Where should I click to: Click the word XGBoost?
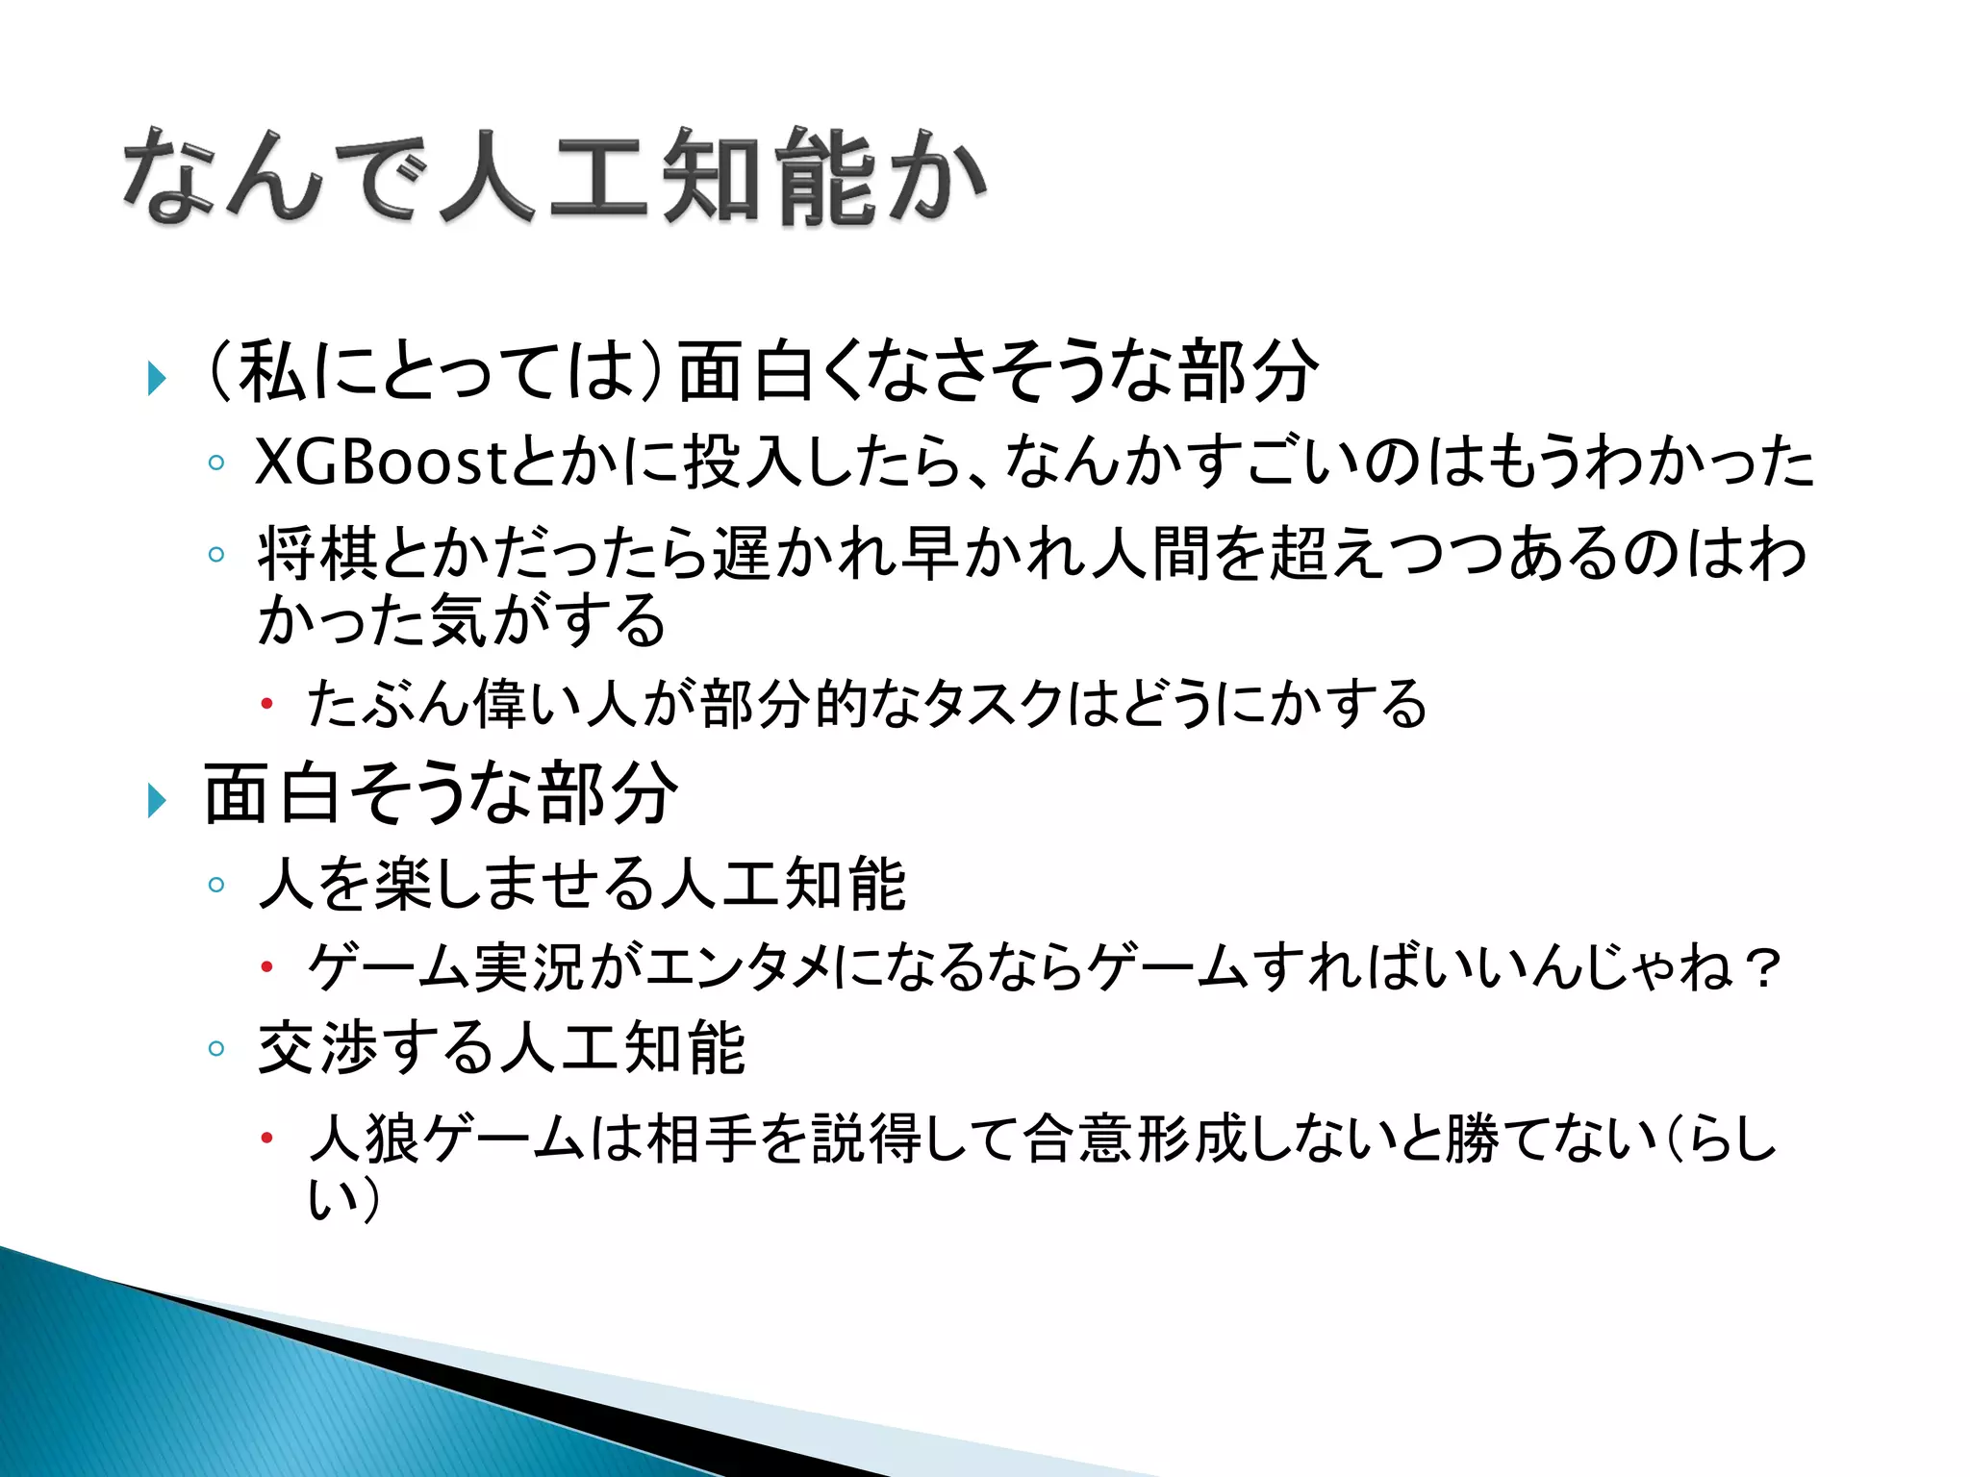(381, 463)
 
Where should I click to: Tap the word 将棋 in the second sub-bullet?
(316, 555)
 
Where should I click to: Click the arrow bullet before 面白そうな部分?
(157, 799)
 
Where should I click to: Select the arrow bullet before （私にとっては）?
(157, 378)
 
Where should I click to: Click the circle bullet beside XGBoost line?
(216, 463)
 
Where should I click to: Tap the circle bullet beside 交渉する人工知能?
(216, 1048)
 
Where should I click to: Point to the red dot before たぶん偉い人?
(267, 705)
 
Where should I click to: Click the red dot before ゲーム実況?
(267, 968)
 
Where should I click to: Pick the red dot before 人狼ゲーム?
(267, 1139)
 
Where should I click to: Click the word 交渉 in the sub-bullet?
(316, 1048)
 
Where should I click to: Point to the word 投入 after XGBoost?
(742, 463)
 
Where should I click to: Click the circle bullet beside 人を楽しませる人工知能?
(216, 885)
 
